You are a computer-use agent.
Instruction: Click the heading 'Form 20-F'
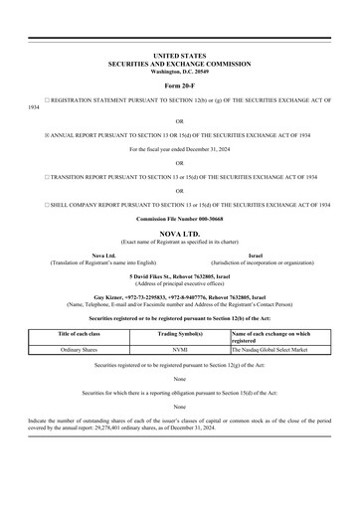(x=179, y=85)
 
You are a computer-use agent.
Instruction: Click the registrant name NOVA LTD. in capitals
(x=179, y=233)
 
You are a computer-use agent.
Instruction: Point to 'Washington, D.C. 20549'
(x=179, y=72)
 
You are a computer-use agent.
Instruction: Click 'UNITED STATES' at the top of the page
(x=179, y=56)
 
